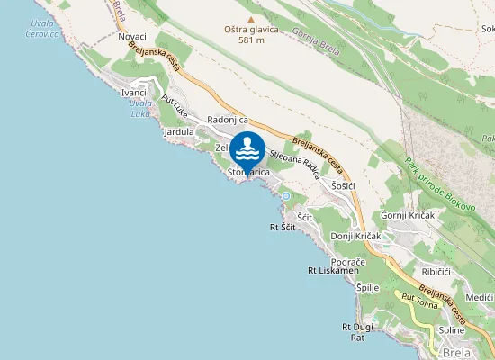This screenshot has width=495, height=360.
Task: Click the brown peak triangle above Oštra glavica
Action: tap(251, 17)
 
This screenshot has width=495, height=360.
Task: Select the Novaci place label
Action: tap(131, 37)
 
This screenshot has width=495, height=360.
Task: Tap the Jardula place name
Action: tap(179, 132)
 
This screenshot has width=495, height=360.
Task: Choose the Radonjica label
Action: tap(227, 120)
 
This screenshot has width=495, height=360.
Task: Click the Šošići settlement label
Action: tap(344, 185)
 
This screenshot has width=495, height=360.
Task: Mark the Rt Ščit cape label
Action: tap(283, 229)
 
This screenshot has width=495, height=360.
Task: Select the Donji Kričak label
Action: tap(356, 236)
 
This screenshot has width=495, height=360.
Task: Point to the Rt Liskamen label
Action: tap(333, 270)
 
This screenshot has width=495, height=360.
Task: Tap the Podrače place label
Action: tap(373, 261)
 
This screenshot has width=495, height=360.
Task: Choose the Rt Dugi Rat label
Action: tap(356, 331)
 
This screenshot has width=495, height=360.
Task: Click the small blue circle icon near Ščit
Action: tap(286, 196)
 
